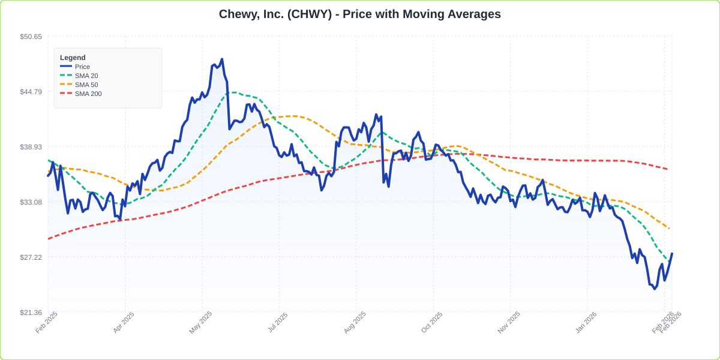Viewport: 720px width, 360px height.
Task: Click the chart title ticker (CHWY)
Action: click(x=310, y=14)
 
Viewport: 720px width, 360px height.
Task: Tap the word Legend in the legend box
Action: click(x=73, y=58)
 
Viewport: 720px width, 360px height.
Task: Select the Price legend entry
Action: click(x=82, y=67)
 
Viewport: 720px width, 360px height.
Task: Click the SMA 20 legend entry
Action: click(x=86, y=76)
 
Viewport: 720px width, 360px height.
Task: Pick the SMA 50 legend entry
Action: click(x=86, y=85)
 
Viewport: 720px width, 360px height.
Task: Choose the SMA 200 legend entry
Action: click(x=88, y=94)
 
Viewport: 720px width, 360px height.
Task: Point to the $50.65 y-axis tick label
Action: click(x=31, y=37)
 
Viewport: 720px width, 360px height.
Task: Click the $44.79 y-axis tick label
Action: click(x=31, y=92)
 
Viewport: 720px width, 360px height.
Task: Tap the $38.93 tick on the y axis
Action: click(x=31, y=147)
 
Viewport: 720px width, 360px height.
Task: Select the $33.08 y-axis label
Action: click(x=31, y=202)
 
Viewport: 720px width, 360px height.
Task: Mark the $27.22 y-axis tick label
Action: click(x=31, y=257)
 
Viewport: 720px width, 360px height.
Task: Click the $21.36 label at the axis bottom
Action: click(x=31, y=313)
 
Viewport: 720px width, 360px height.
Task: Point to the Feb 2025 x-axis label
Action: click(x=47, y=322)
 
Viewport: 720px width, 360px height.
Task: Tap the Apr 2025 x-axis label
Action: click(x=124, y=322)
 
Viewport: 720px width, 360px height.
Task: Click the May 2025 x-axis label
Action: click(x=201, y=322)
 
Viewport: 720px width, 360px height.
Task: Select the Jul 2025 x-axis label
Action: click(x=278, y=322)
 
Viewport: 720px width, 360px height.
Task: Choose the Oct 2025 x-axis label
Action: click(x=432, y=322)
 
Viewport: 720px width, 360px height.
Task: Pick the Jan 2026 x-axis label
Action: click(x=586, y=322)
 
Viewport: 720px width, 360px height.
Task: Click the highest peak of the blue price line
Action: click(x=221, y=59)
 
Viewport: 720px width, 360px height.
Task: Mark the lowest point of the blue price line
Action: click(x=654, y=289)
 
